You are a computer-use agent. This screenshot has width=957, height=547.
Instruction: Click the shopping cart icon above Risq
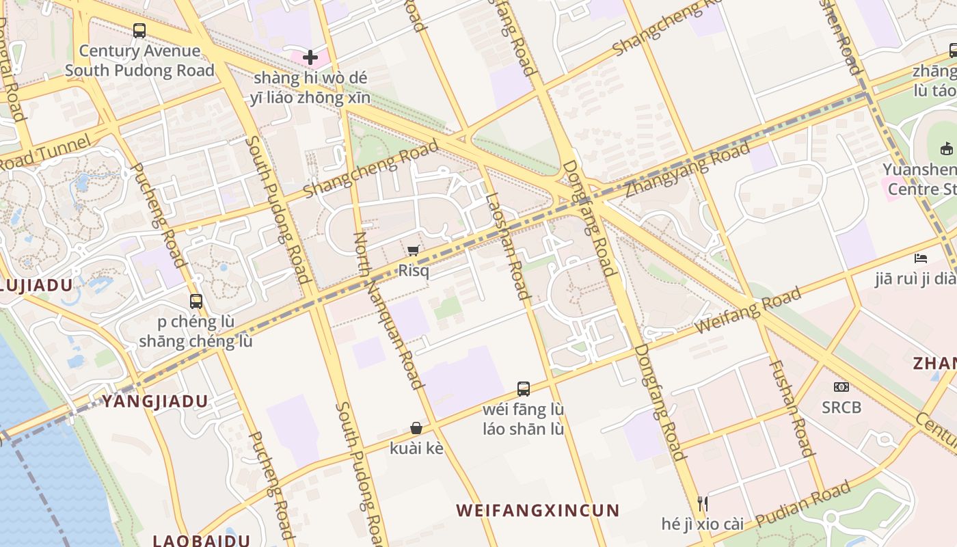(x=413, y=251)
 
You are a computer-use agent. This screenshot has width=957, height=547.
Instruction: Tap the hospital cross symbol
(x=310, y=57)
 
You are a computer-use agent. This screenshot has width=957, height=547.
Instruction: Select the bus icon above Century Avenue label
(x=139, y=31)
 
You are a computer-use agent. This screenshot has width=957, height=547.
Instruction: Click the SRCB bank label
(x=841, y=408)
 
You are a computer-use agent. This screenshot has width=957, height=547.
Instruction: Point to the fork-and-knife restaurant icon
(x=702, y=504)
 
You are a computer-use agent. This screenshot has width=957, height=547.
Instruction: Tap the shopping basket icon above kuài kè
(x=416, y=429)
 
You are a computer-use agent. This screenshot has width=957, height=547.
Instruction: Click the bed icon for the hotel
(x=921, y=258)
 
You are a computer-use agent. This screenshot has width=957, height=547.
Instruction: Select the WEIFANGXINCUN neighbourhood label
(x=537, y=510)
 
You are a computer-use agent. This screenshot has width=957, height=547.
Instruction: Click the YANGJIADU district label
(x=154, y=401)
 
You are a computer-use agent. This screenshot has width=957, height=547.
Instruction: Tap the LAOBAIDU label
(x=201, y=540)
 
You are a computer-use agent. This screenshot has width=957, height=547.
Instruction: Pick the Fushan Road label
(x=793, y=408)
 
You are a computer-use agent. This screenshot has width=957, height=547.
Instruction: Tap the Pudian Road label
(x=803, y=504)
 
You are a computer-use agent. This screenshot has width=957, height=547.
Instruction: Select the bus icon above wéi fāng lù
(x=524, y=389)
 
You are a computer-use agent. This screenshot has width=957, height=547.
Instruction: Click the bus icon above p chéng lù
(x=196, y=301)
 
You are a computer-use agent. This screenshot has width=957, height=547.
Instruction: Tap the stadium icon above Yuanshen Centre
(x=947, y=148)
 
